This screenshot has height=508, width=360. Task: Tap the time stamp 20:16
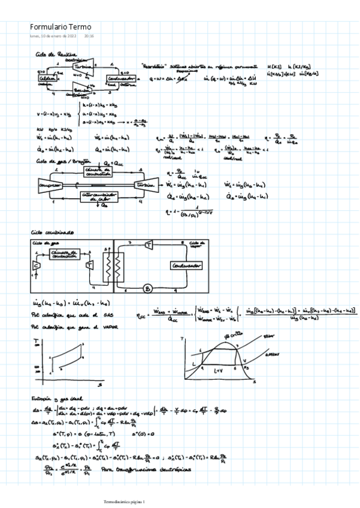[x=89, y=36]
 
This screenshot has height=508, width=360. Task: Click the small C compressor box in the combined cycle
[x=36, y=265]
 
